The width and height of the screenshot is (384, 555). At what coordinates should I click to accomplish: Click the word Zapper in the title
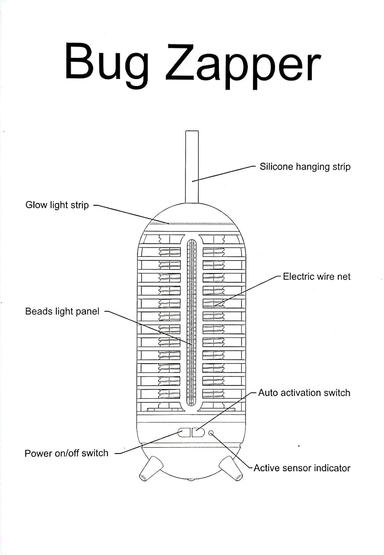click(x=243, y=66)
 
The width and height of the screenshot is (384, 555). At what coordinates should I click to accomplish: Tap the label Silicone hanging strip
click(x=305, y=167)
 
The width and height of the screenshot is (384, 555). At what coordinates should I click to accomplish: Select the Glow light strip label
click(x=57, y=205)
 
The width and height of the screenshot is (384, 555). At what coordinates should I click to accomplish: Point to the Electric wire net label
click(x=316, y=276)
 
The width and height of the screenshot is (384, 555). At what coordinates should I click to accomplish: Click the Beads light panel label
click(x=62, y=311)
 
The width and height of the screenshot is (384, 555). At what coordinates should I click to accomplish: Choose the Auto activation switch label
click(x=304, y=393)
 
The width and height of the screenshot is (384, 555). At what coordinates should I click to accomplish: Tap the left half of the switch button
click(x=184, y=433)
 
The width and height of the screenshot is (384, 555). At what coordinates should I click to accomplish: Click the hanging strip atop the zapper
click(x=192, y=167)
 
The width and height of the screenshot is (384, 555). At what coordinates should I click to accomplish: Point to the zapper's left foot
click(x=151, y=468)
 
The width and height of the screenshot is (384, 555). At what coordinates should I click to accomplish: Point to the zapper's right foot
click(x=231, y=468)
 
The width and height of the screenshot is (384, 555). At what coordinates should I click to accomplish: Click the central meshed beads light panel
click(x=191, y=322)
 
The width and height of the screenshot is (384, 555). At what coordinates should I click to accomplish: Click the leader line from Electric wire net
click(x=248, y=291)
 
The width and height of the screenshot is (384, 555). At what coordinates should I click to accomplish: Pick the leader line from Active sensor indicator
click(x=232, y=451)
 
